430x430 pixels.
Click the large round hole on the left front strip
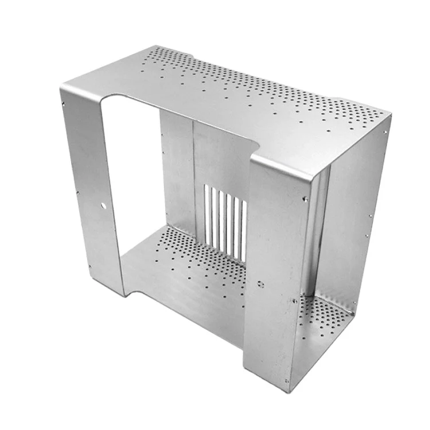point(104,205)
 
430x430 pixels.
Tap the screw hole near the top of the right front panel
point(305,199)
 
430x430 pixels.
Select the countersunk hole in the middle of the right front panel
point(261,284)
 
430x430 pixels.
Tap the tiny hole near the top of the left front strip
point(64,104)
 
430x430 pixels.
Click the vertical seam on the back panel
point(193,172)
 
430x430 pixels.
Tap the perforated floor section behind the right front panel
point(324,318)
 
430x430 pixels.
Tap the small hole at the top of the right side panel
point(385,132)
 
